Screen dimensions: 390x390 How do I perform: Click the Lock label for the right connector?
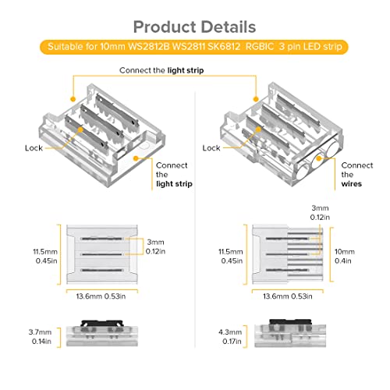click(211, 147)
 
